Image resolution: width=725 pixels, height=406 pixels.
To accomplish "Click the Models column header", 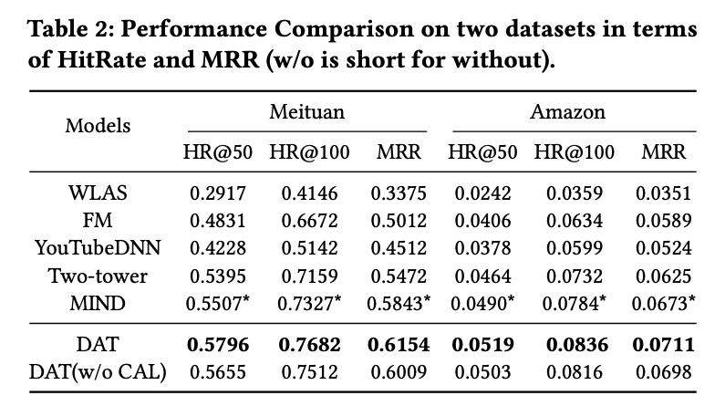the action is (x=98, y=126).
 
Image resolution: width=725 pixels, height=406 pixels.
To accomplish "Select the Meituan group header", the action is (x=307, y=112).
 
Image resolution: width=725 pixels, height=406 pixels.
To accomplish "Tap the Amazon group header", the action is (x=567, y=112).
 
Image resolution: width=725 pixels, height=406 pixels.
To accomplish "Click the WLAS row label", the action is (x=98, y=193).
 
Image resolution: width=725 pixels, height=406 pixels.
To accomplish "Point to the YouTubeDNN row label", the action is (x=98, y=248).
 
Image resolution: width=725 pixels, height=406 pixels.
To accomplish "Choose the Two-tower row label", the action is (x=98, y=276).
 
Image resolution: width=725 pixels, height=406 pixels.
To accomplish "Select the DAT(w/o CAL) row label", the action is (x=98, y=372).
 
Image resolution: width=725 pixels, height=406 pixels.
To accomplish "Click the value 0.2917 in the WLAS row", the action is (x=218, y=193).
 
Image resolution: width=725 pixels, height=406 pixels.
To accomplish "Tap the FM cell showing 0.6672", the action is (x=309, y=221).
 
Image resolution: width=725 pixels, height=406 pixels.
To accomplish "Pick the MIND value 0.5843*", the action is (x=399, y=303).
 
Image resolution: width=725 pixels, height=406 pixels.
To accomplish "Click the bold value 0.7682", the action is (x=309, y=345).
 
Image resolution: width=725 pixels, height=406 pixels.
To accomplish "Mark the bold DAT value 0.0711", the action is (x=663, y=345).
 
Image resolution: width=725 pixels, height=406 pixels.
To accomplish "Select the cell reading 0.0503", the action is (x=482, y=372).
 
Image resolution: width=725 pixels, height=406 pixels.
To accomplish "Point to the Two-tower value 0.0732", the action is (x=575, y=276).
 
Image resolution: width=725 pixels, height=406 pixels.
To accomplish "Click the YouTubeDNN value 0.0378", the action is (x=482, y=248).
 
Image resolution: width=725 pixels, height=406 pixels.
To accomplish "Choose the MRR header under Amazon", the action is (x=664, y=152).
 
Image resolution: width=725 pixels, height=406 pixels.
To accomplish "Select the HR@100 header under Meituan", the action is (x=309, y=152).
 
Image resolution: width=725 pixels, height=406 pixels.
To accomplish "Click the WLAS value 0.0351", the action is (x=663, y=193).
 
